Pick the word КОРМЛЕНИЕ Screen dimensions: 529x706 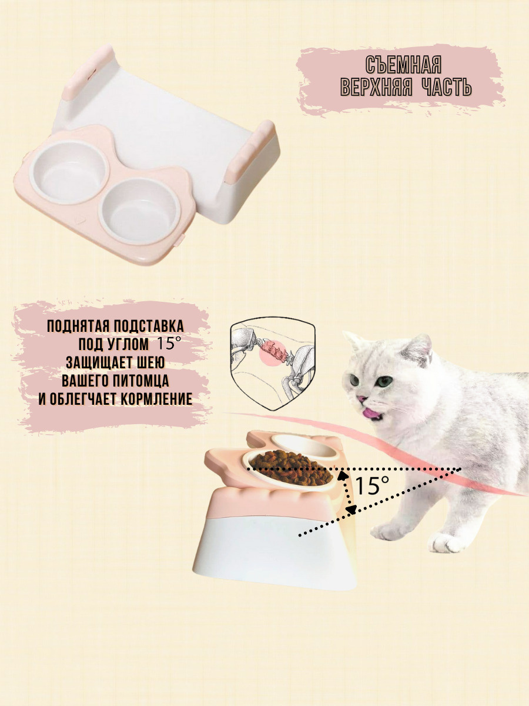pyautogui.click(x=156, y=399)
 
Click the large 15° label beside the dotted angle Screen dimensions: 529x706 pyautogui.click(x=372, y=485)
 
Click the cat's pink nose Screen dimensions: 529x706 pyautogui.click(x=361, y=399)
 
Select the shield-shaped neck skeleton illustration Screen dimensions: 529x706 pyautogui.click(x=272, y=362)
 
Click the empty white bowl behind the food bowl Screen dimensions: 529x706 pyautogui.click(x=306, y=445)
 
